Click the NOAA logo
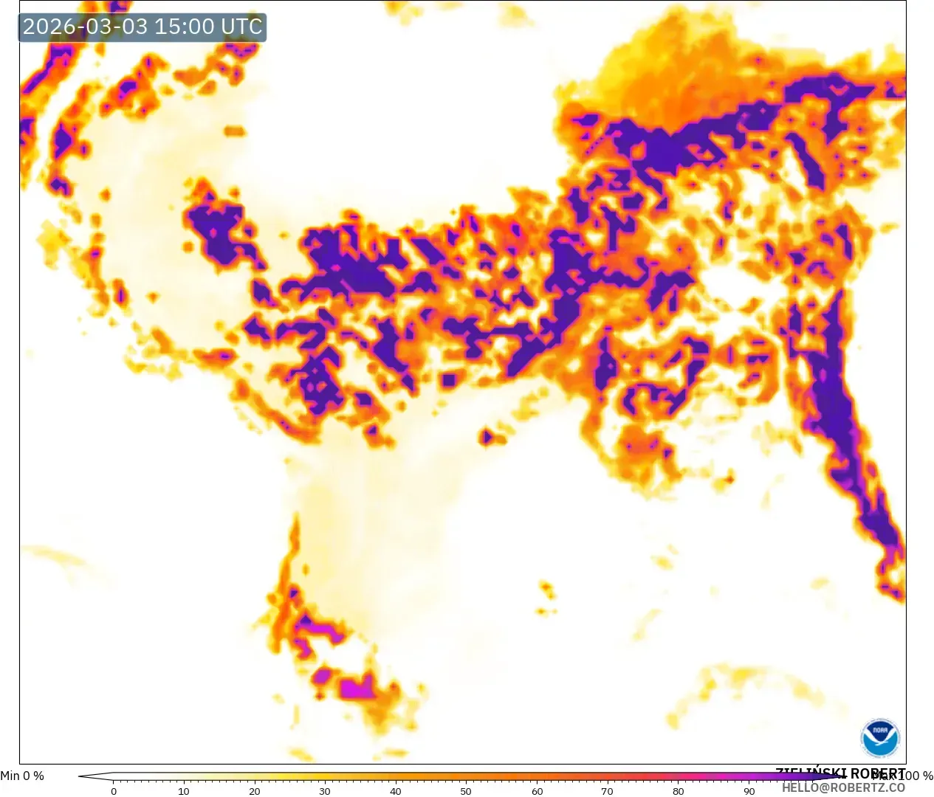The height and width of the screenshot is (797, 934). (880, 738)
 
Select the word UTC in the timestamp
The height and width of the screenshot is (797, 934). (241, 27)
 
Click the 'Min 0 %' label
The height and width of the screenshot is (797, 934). (22, 776)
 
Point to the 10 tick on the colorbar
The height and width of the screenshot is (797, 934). (184, 791)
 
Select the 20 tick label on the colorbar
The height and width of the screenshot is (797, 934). (255, 791)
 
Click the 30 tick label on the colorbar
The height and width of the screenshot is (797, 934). (325, 791)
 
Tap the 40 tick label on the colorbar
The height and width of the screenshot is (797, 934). (396, 791)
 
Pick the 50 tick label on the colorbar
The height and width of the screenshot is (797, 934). (466, 791)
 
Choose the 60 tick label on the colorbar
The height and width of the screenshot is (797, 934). (537, 791)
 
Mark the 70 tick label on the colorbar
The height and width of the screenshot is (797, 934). (607, 791)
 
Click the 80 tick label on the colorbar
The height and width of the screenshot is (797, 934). (678, 791)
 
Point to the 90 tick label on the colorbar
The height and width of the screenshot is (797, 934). (749, 791)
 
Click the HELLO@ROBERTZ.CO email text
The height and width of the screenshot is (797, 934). (844, 787)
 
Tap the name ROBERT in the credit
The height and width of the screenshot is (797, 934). (878, 773)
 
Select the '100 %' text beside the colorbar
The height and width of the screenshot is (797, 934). (916, 776)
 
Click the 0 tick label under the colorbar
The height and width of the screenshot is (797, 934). (114, 791)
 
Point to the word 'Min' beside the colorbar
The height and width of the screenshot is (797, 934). (10, 776)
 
